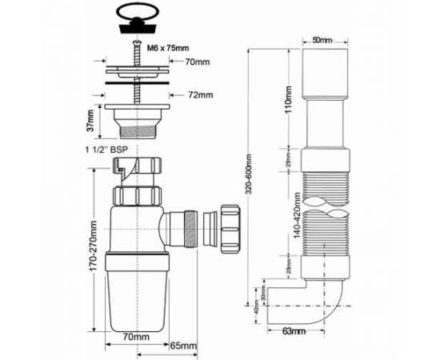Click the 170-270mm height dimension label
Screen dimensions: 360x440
pos(94,255)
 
